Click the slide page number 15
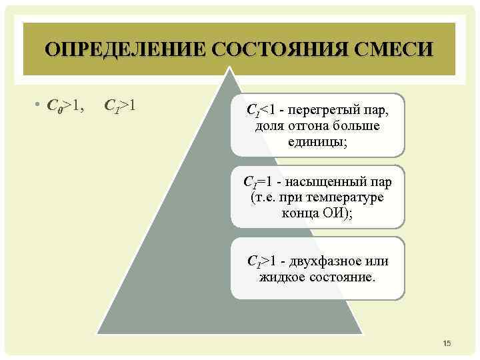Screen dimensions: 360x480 tap(447, 343)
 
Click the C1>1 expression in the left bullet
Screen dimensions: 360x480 tap(121, 105)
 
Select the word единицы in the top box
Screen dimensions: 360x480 tap(316, 141)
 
